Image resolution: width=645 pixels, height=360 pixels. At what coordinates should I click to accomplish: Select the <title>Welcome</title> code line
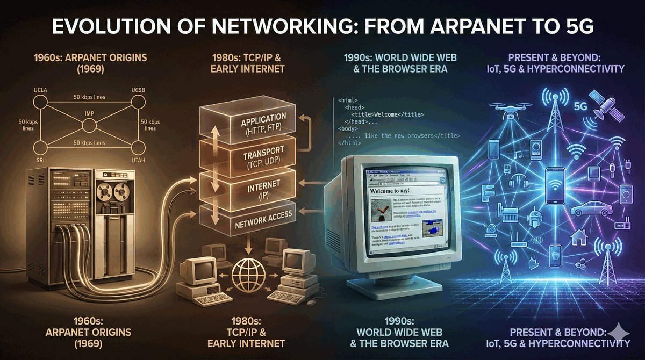[x=388, y=114]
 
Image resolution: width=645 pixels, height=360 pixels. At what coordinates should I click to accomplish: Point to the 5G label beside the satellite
[x=580, y=106]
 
